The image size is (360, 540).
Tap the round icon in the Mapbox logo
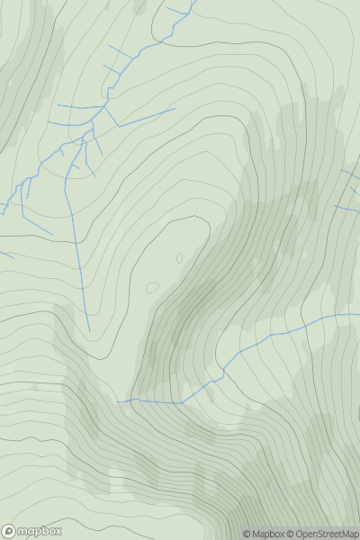pyautogui.click(x=9, y=531)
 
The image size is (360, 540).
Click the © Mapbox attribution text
pyautogui.click(x=265, y=534)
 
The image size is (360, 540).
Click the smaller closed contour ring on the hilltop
pyautogui.click(x=179, y=258)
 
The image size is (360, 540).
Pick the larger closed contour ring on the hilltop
pyautogui.click(x=152, y=288)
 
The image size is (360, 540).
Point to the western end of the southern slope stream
pyautogui.click(x=117, y=401)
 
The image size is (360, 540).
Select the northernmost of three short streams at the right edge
pyautogui.click(x=351, y=171)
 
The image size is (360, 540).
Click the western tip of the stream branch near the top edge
pyautogui.click(x=166, y=10)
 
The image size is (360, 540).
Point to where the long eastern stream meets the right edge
pyautogui.click(x=359, y=315)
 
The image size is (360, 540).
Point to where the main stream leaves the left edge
pyautogui.click(x=1, y=212)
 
